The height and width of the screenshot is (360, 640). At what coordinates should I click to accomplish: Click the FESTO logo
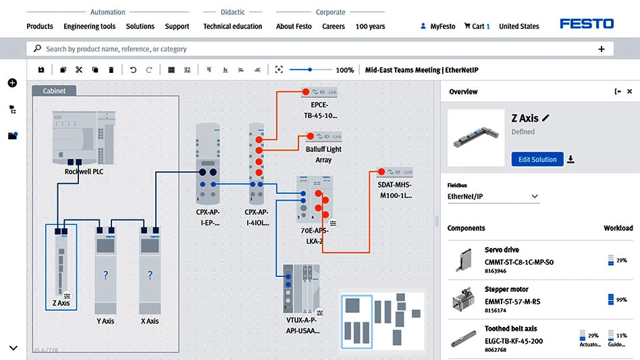click(x=586, y=24)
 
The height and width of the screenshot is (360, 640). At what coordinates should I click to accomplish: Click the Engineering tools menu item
click(x=89, y=26)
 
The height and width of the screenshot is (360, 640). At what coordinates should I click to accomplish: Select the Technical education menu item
click(x=232, y=26)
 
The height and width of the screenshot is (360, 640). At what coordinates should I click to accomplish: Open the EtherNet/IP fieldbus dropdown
click(x=493, y=197)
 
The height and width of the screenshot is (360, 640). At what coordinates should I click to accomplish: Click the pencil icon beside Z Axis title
click(x=546, y=118)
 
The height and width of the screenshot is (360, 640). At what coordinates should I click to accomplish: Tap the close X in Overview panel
click(x=629, y=92)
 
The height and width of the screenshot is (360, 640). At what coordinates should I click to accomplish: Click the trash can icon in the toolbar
click(x=111, y=70)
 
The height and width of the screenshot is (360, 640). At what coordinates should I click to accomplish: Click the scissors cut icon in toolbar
click(x=79, y=70)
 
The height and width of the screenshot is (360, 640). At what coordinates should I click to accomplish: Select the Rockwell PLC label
click(x=84, y=172)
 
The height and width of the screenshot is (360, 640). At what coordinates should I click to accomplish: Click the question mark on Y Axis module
click(x=105, y=275)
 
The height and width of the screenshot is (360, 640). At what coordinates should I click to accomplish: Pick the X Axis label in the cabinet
click(x=150, y=321)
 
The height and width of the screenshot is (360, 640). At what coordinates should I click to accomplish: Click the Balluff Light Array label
click(x=323, y=154)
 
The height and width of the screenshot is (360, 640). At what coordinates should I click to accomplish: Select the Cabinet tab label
click(x=54, y=91)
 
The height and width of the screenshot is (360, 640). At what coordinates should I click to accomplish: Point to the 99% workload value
click(x=622, y=299)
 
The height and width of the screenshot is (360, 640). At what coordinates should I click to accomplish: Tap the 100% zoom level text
click(x=344, y=70)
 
